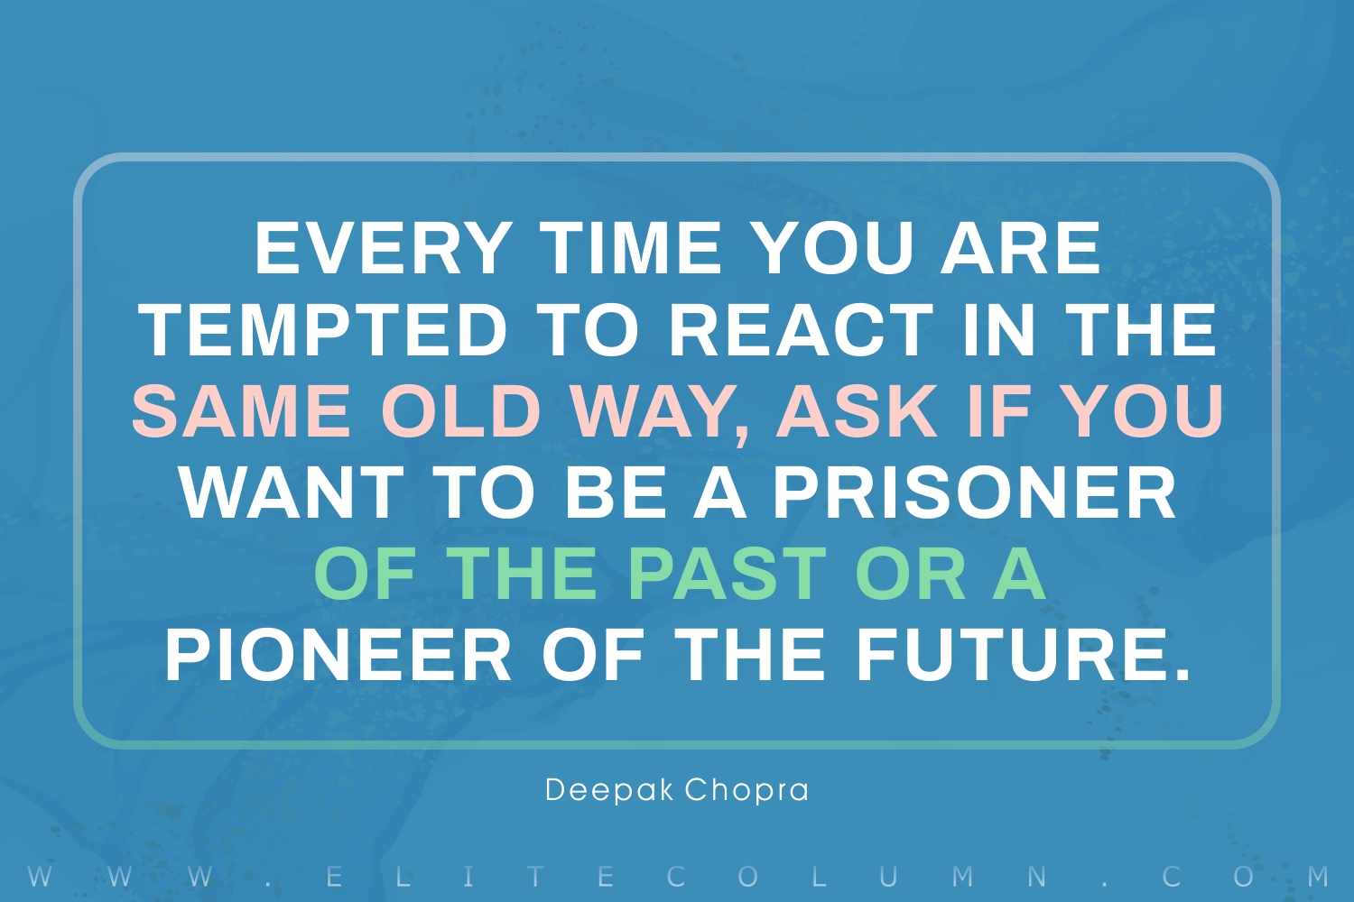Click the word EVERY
(380, 248)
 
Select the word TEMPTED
(327, 330)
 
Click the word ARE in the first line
(1020, 248)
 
